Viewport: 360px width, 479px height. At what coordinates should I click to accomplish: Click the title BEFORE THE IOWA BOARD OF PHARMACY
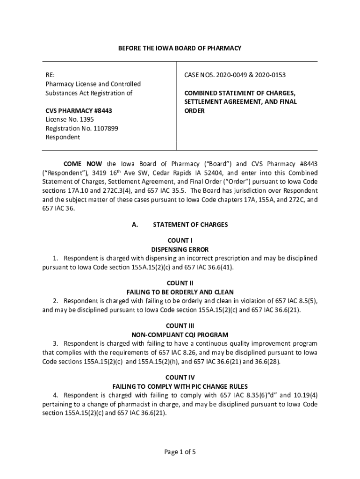point(180,48)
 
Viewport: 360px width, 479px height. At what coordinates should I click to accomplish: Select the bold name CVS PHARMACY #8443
point(79,111)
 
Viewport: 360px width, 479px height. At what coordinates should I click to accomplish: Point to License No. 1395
point(66,120)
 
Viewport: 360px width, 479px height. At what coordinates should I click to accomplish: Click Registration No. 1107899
point(75,129)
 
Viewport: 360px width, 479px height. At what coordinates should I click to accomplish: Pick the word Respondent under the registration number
point(63,138)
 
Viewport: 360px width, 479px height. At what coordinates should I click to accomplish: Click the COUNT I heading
point(180,240)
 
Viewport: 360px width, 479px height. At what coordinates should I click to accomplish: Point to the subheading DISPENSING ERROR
point(180,249)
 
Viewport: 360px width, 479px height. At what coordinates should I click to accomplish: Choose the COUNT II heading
point(180,283)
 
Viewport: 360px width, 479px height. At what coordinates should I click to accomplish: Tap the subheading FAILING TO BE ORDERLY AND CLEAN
point(180,292)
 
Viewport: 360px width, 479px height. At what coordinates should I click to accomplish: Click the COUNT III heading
point(180,326)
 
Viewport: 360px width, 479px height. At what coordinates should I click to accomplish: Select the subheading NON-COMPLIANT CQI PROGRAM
point(180,334)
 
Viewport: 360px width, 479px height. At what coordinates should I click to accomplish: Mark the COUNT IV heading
point(180,377)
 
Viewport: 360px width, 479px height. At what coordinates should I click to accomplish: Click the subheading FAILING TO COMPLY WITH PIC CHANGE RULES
point(180,386)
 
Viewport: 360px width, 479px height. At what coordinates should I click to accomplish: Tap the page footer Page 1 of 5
point(180,452)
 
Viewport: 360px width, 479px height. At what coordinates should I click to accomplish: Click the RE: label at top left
point(50,75)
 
